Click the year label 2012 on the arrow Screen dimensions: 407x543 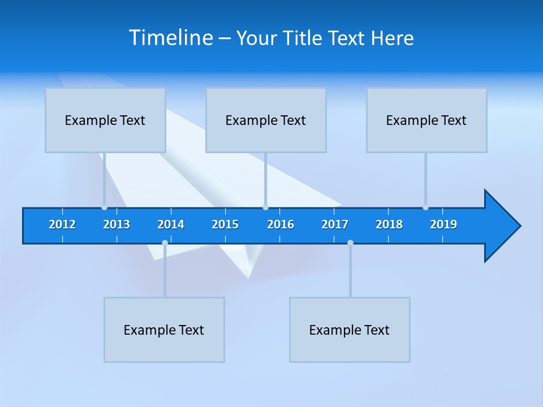(x=62, y=224)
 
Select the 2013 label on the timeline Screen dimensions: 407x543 (x=117, y=224)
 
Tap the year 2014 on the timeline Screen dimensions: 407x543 (x=171, y=224)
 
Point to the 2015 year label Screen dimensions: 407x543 (x=225, y=224)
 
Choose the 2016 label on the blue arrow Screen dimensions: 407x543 (x=281, y=224)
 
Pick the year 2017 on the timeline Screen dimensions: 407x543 (x=335, y=224)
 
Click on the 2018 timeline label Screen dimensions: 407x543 (x=389, y=224)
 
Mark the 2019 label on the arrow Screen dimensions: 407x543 (x=443, y=224)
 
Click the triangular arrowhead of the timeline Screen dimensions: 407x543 (x=501, y=226)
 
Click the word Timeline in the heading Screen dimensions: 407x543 (x=171, y=38)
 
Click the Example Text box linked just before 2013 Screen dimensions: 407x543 (x=105, y=120)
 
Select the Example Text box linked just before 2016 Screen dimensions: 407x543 (x=266, y=120)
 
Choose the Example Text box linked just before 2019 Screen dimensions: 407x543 (x=426, y=120)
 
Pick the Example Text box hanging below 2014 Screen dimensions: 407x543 (x=164, y=330)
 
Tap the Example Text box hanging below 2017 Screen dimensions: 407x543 (x=350, y=330)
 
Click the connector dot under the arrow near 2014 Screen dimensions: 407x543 (x=165, y=243)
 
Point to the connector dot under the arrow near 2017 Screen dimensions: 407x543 (x=350, y=243)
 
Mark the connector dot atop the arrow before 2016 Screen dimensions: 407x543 (x=265, y=207)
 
